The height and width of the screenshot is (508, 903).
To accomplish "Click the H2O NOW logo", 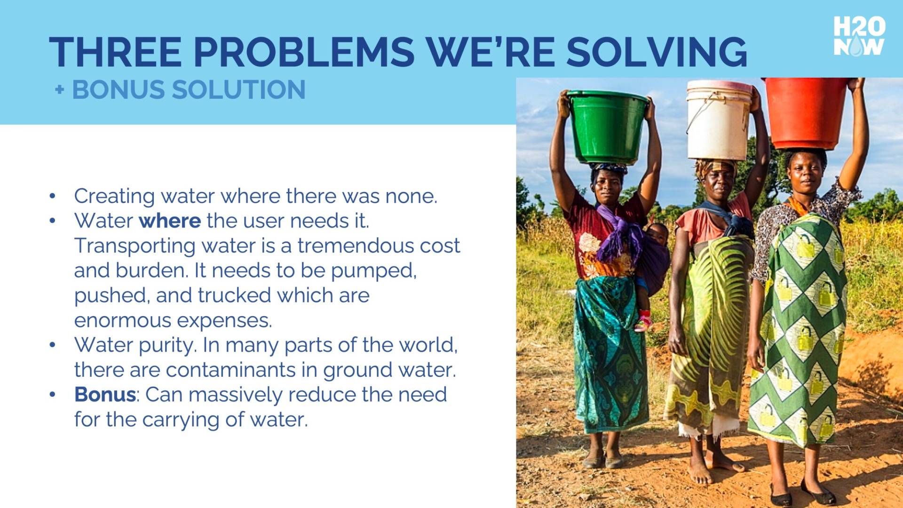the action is (x=859, y=36).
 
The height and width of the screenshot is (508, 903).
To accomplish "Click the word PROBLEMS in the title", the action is (x=304, y=52).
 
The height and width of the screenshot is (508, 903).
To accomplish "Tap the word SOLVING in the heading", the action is (x=657, y=52).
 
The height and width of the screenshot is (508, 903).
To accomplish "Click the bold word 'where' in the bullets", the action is (x=170, y=221).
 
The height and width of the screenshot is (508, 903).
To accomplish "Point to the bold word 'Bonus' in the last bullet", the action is (x=105, y=394).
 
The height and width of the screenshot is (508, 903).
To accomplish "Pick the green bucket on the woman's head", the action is (x=608, y=127).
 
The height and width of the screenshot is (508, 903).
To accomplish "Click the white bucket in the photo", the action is (x=719, y=120).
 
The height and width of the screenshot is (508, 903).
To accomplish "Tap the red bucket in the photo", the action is (x=806, y=113).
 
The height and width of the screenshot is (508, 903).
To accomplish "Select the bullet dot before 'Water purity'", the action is (x=52, y=345).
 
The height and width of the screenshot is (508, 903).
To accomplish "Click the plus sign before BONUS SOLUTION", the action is (x=59, y=89).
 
